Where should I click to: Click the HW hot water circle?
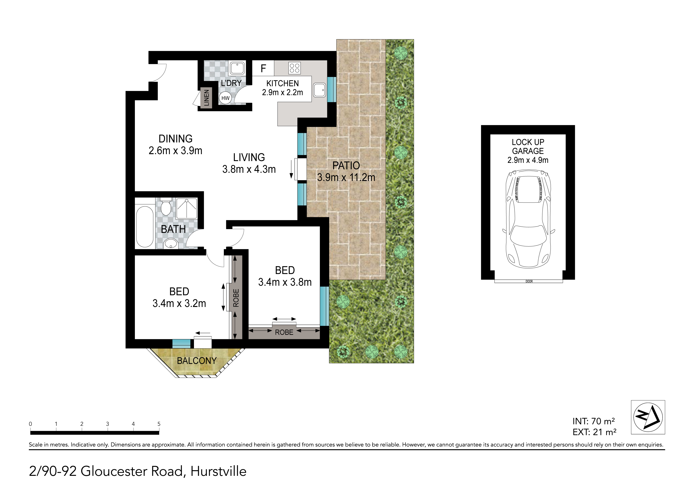[225, 98]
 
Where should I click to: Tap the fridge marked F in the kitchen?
[263, 68]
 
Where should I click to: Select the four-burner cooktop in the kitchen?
[294, 68]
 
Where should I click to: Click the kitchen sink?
[319, 90]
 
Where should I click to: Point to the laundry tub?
[237, 68]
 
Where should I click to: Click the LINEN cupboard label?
[206, 98]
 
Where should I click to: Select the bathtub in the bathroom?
[145, 227]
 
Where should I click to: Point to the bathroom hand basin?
[171, 243]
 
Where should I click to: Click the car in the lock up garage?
[528, 219]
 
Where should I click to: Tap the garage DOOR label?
[529, 281]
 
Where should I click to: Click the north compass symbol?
[648, 417]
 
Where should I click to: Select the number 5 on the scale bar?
[159, 424]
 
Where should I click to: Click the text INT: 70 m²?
[594, 421]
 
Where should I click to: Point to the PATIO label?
[346, 166]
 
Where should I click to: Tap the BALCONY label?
[197, 361]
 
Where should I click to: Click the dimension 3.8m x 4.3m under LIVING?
[249, 169]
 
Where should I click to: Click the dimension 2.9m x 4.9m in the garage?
[528, 160]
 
